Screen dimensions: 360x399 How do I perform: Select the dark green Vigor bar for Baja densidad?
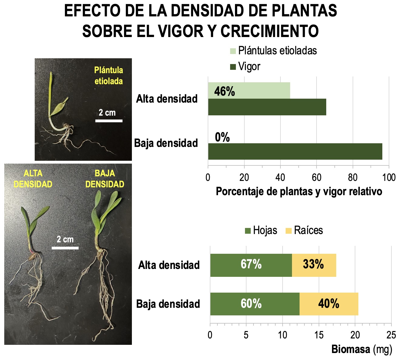click(x=295, y=151)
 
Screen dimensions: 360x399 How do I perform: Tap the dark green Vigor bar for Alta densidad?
click(x=267, y=107)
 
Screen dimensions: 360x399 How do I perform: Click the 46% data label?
click(x=224, y=91)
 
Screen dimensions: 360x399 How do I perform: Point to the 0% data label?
click(x=222, y=138)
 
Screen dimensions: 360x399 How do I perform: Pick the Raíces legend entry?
click(x=304, y=230)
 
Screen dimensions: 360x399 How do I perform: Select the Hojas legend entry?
click(x=261, y=230)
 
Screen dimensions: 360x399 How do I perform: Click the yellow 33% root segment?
click(x=314, y=265)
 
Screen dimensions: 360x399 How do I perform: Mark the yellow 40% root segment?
click(x=329, y=304)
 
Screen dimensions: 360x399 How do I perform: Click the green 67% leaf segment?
click(x=251, y=265)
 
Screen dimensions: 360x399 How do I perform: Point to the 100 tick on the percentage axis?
click(x=389, y=178)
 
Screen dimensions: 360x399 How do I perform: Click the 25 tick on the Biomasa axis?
click(x=391, y=335)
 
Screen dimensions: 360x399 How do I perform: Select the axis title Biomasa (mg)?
click(x=362, y=349)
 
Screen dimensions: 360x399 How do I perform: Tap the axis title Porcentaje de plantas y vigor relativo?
click(x=299, y=192)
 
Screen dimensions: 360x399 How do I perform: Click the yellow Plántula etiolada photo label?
click(x=109, y=76)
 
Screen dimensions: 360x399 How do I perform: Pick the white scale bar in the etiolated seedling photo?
click(x=109, y=121)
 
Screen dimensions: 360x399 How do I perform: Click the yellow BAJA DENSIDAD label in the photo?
click(x=105, y=179)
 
